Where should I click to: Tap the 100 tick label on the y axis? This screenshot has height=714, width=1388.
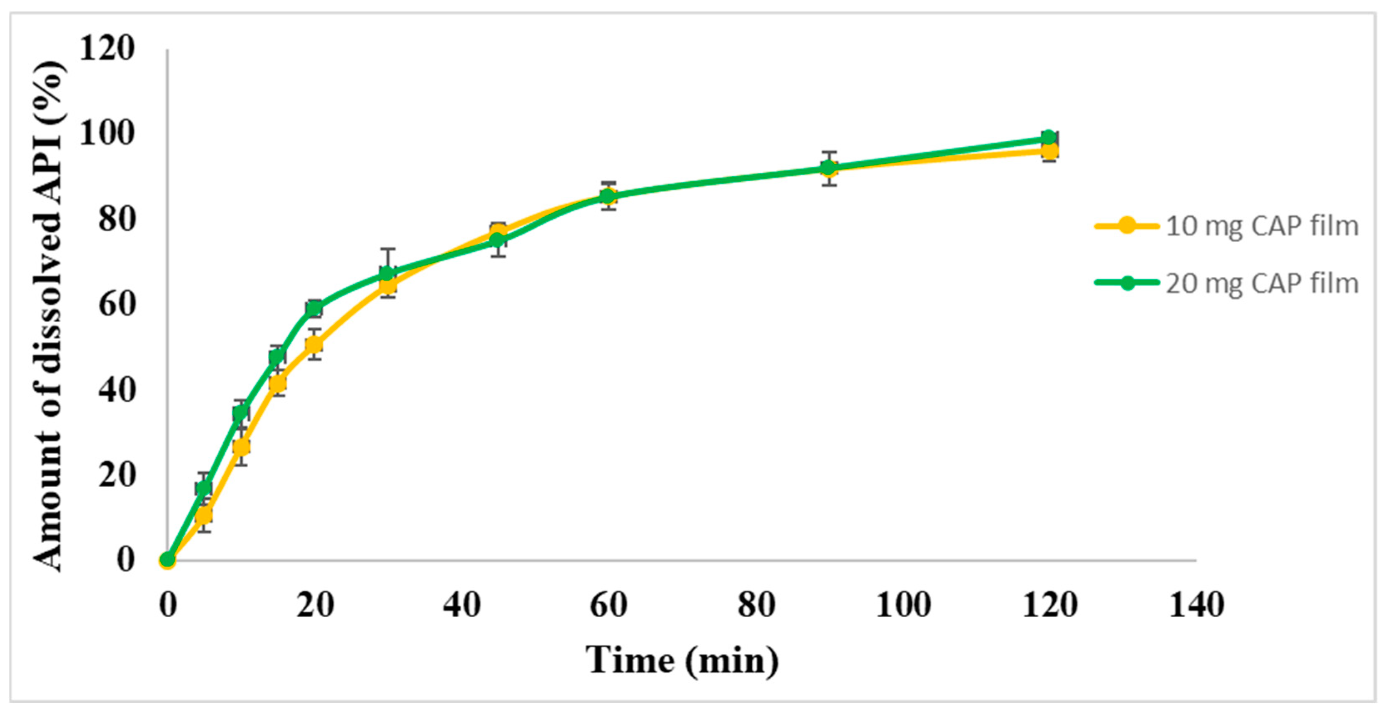[106, 134]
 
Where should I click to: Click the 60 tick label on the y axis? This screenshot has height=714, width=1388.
[116, 305]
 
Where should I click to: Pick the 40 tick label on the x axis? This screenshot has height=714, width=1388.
[462, 605]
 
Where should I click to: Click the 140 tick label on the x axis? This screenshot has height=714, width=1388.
[1196, 605]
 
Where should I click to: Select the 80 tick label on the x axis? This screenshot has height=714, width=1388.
[756, 605]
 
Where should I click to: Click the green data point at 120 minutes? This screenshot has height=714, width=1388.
[1049, 137]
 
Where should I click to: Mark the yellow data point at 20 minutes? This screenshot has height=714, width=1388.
[314, 344]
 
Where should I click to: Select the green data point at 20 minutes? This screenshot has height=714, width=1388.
[314, 308]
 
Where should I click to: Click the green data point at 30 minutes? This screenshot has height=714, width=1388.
[387, 274]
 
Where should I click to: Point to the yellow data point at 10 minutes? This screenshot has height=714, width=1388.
[241, 446]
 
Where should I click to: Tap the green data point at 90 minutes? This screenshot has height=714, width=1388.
[829, 168]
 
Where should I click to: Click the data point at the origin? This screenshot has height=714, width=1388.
[167, 560]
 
